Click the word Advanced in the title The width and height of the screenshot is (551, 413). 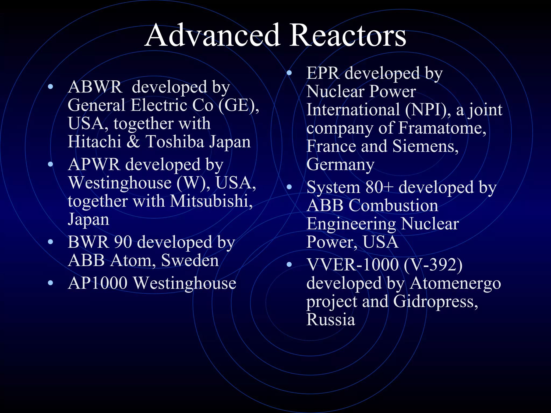pos(213,36)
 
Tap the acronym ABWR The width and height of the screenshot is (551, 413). pos(95,87)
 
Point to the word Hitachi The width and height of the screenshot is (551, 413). pos(94,141)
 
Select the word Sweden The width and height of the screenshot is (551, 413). pos(190,260)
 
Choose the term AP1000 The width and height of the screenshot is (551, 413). pos(97,283)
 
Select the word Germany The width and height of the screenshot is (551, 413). pos(340,165)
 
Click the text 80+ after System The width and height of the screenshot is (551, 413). pos(379,187)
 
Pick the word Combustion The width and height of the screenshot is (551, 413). pos(393,205)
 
